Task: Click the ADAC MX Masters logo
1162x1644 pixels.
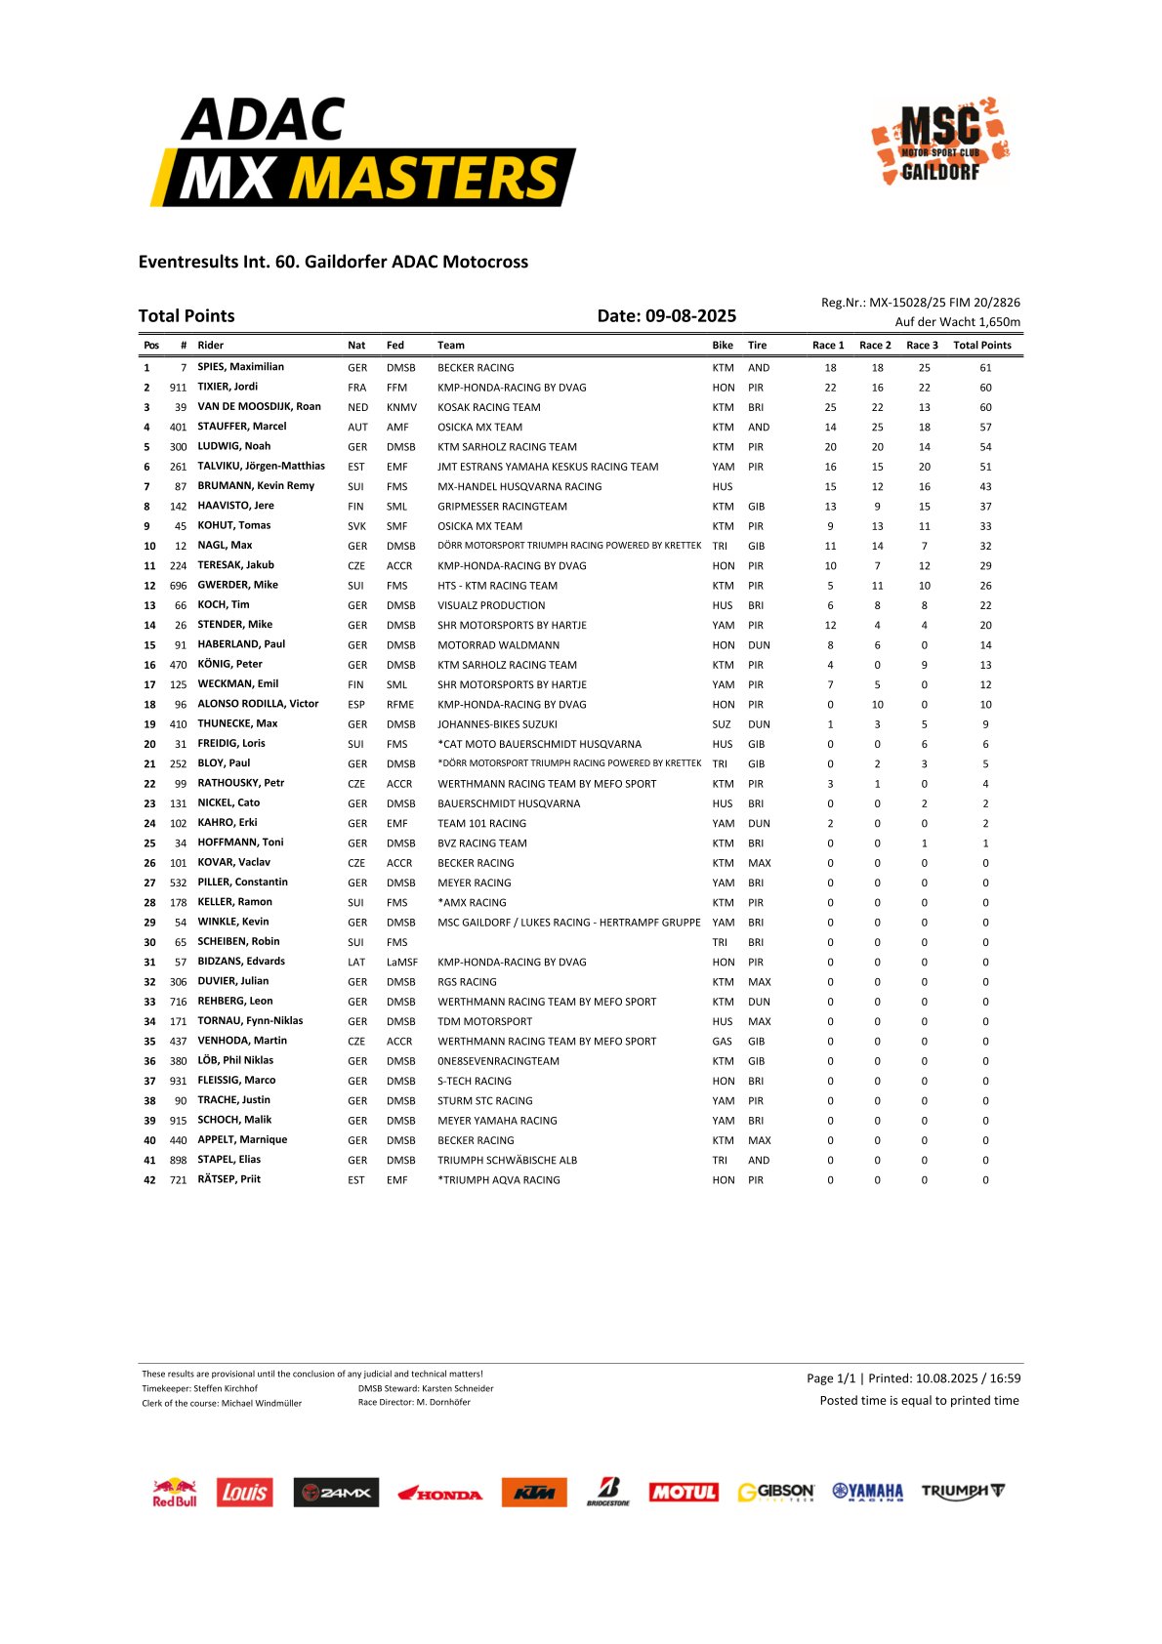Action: tap(363, 152)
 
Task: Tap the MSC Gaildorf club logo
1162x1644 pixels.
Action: tap(940, 141)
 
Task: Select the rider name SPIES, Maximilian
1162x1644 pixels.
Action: tap(240, 367)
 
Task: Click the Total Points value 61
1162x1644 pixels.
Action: tap(985, 368)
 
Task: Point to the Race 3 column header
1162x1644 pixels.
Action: tap(922, 345)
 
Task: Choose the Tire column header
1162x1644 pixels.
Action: tap(757, 345)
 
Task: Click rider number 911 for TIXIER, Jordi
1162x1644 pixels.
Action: tap(178, 388)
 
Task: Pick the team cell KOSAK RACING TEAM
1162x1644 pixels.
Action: tap(488, 407)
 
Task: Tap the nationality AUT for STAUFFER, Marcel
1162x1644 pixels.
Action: tap(357, 427)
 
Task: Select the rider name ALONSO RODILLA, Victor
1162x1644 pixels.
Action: tap(258, 704)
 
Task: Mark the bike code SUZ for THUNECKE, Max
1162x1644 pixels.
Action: tap(722, 724)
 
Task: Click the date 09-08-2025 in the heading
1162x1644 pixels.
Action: tap(690, 315)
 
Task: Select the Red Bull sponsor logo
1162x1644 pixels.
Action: tap(175, 1493)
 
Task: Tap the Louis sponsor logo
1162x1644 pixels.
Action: tap(244, 1492)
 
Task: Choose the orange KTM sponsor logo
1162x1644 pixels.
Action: tap(534, 1492)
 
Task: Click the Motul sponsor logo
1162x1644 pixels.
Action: tap(684, 1492)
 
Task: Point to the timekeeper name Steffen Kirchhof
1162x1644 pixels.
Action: tap(226, 1388)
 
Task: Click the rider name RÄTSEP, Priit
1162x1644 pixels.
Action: tap(228, 1179)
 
